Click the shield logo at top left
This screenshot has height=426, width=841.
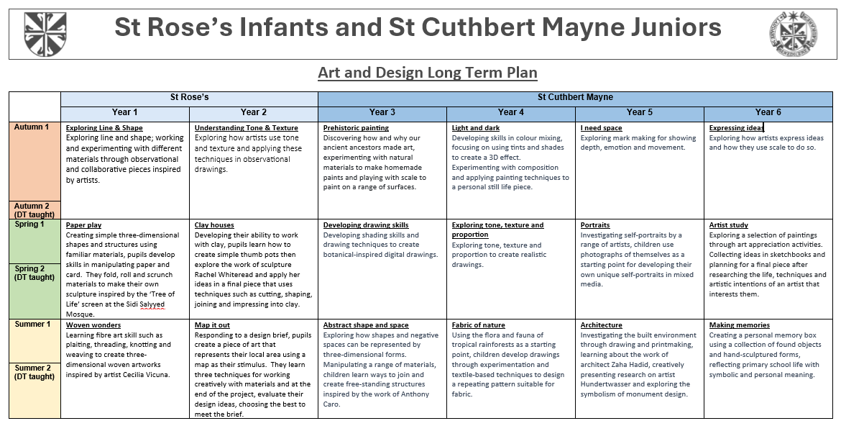click(45, 34)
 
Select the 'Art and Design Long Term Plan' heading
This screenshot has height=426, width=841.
click(428, 72)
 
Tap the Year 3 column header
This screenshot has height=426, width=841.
click(382, 112)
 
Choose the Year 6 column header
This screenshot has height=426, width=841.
click(768, 112)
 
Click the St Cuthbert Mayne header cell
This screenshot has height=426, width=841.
click(575, 97)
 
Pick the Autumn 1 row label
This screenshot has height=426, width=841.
click(31, 127)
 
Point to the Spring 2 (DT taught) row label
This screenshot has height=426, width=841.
click(35, 273)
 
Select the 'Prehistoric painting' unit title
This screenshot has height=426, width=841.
click(356, 128)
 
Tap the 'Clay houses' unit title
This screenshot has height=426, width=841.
click(214, 225)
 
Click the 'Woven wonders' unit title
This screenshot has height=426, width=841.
click(93, 325)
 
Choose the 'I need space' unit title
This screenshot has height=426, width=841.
click(601, 128)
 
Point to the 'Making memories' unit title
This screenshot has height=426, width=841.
click(739, 325)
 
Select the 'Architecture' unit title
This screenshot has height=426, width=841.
click(601, 325)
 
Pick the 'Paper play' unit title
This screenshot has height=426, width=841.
click(83, 225)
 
